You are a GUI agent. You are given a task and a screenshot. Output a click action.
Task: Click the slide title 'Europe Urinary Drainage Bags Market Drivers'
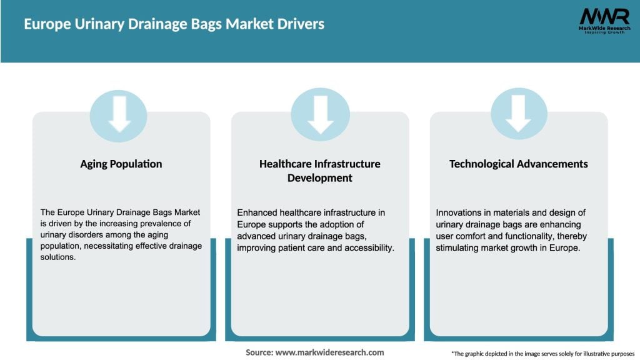pos(174,24)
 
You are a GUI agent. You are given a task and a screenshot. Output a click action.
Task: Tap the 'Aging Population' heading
pos(121,164)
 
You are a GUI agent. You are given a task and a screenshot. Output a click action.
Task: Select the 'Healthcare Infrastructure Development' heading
pos(320,171)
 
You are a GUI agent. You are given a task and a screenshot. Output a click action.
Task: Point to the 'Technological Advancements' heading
pos(518,164)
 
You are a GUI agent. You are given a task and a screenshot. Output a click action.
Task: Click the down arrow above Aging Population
pos(119,116)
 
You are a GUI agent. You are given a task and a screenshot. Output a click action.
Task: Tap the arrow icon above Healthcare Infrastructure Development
pos(320,116)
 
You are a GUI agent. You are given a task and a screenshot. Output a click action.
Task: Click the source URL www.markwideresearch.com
pos(329,352)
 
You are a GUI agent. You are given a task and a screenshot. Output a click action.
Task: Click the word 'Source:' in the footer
pos(259,352)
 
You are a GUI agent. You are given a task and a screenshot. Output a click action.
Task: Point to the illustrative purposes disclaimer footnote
pos(542,353)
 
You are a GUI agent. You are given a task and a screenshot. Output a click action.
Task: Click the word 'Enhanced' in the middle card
pos(256,213)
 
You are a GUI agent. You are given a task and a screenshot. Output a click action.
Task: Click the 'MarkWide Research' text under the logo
pos(603,29)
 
